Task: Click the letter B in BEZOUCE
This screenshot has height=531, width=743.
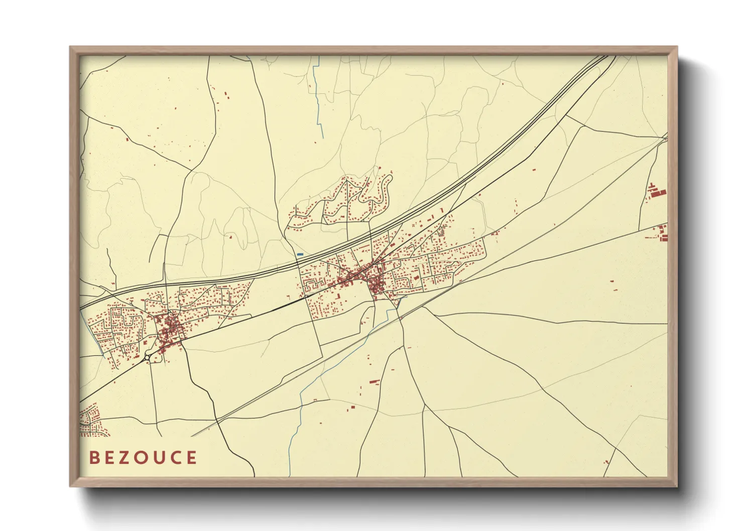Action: (94, 458)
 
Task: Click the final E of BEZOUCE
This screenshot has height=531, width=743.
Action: (191, 458)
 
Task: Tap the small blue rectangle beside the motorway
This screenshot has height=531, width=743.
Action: (300, 254)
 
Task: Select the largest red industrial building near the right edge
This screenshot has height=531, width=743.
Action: (659, 192)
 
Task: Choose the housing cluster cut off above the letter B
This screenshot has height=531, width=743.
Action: (90, 421)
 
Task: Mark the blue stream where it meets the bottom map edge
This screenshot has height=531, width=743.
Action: (290, 474)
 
